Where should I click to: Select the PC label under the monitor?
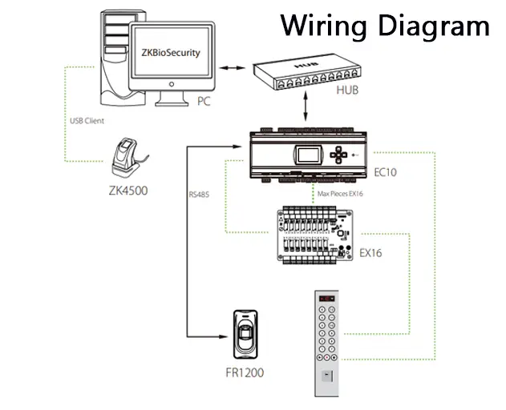(204, 102)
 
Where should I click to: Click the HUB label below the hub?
(348, 90)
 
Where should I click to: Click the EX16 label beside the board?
(370, 254)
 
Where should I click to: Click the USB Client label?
(88, 121)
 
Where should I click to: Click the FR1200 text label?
(245, 372)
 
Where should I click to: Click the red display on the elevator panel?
(327, 299)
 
